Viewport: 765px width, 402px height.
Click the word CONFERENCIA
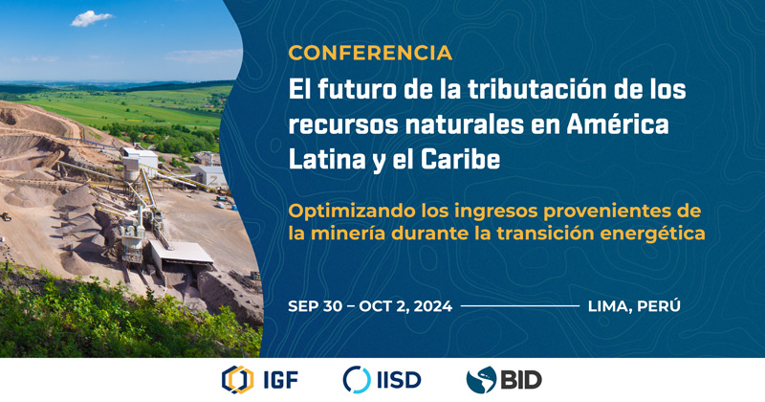[x=370, y=53]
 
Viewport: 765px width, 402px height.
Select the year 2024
[x=434, y=306]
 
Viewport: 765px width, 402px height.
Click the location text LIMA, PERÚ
[x=634, y=305]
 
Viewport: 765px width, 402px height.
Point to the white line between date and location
[x=520, y=306]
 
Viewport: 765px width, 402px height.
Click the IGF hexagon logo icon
[x=237, y=380]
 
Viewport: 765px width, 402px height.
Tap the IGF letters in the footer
[x=280, y=380]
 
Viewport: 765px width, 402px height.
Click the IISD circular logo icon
[x=357, y=380]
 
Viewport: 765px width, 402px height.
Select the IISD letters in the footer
[x=399, y=380]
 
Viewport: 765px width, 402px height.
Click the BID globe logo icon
[x=481, y=380]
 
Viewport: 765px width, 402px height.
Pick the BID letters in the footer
[x=521, y=380]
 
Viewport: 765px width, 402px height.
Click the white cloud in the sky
[x=91, y=18]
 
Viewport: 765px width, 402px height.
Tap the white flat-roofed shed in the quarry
[x=182, y=253]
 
